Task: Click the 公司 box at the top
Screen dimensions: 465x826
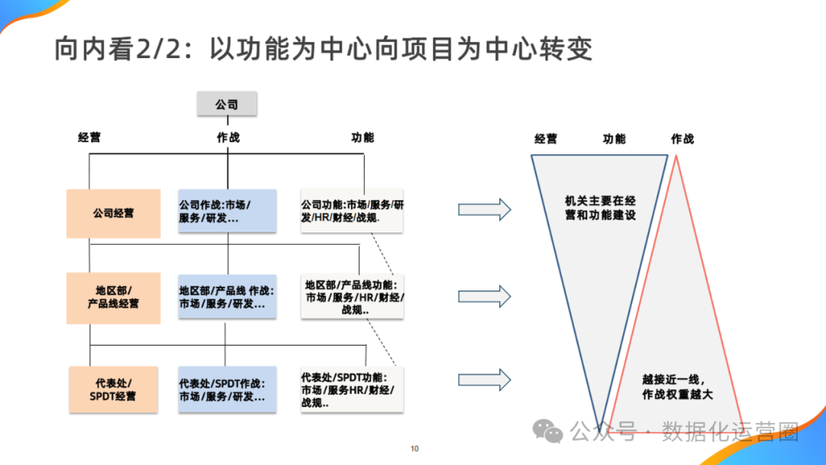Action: (x=226, y=104)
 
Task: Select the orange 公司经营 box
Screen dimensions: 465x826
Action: (x=113, y=213)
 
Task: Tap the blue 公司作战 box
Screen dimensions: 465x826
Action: (x=227, y=211)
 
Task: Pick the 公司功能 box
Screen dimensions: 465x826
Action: (x=352, y=211)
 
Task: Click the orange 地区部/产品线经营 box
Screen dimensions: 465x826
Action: (x=113, y=298)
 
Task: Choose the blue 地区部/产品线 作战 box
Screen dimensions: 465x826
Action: (x=227, y=297)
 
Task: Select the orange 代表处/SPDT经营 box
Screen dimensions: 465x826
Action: (x=113, y=389)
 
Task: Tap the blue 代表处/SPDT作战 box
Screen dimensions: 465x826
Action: (x=227, y=389)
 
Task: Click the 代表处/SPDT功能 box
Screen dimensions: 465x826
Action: (x=352, y=389)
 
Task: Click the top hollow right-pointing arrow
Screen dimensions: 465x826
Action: (x=484, y=209)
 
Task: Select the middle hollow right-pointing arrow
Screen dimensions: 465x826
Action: (x=484, y=296)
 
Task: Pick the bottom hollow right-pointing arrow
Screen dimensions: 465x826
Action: (x=484, y=379)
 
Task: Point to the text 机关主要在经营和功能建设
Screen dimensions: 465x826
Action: (x=600, y=208)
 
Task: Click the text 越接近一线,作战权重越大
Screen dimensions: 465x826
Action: (x=678, y=387)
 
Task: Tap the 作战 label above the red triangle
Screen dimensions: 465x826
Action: (x=682, y=139)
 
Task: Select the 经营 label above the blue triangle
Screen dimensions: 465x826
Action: (x=546, y=139)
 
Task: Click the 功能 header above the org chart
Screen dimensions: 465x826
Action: (x=363, y=138)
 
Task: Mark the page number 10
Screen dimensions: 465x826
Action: (x=415, y=449)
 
